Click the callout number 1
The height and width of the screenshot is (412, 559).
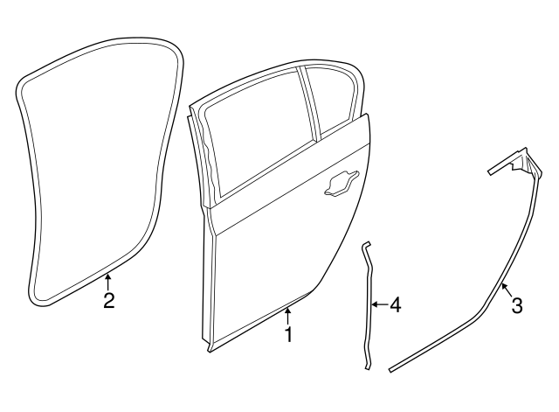click(x=287, y=334)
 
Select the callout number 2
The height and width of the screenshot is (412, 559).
click(x=108, y=301)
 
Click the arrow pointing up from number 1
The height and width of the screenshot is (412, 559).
click(x=287, y=314)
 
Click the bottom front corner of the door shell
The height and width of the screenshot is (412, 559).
click(x=213, y=349)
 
